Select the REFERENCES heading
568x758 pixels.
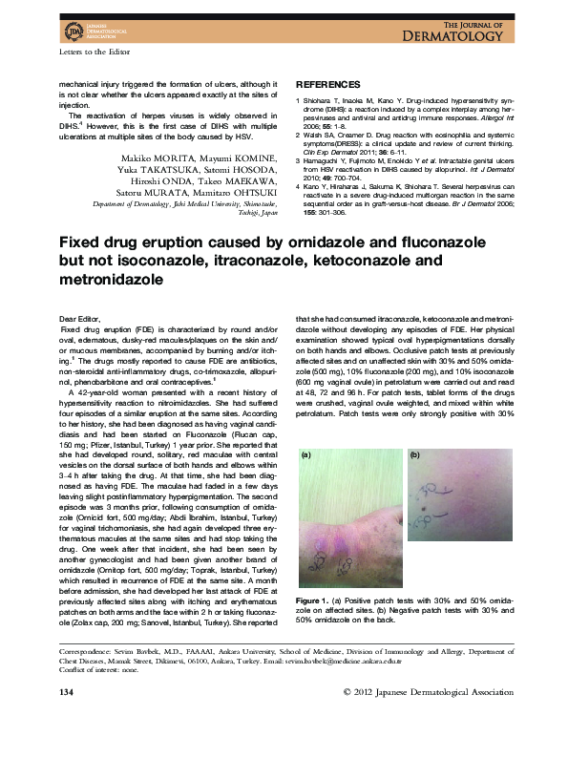coord(326,84)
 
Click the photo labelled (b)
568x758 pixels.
coord(460,499)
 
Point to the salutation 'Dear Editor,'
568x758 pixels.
coord(79,316)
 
